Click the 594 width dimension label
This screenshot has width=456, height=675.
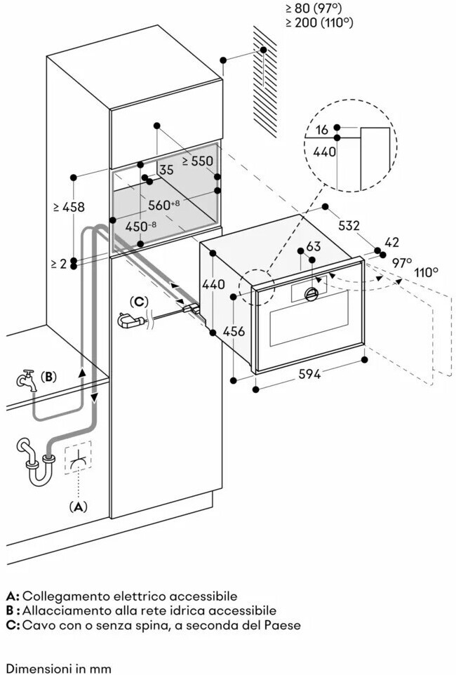click(x=309, y=374)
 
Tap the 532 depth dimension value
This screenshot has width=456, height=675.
click(x=349, y=225)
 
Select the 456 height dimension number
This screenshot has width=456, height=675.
click(x=234, y=331)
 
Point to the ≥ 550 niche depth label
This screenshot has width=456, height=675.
click(x=197, y=161)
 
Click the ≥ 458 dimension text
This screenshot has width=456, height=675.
click(x=69, y=207)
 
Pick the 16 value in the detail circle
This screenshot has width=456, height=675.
click(x=321, y=129)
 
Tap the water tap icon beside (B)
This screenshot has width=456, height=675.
click(x=25, y=380)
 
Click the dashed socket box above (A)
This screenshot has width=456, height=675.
click(x=78, y=457)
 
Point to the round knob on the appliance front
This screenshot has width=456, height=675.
click(x=311, y=293)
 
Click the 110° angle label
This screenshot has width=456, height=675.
click(x=427, y=272)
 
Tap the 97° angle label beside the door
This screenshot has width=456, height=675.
click(x=402, y=262)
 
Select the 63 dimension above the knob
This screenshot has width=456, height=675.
click(x=314, y=246)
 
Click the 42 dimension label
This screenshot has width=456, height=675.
click(x=392, y=242)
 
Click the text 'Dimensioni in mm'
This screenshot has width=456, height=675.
click(x=59, y=669)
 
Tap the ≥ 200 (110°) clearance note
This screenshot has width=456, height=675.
click(x=318, y=22)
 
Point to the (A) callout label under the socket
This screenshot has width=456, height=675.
click(x=78, y=507)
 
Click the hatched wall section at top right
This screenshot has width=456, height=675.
click(x=264, y=82)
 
